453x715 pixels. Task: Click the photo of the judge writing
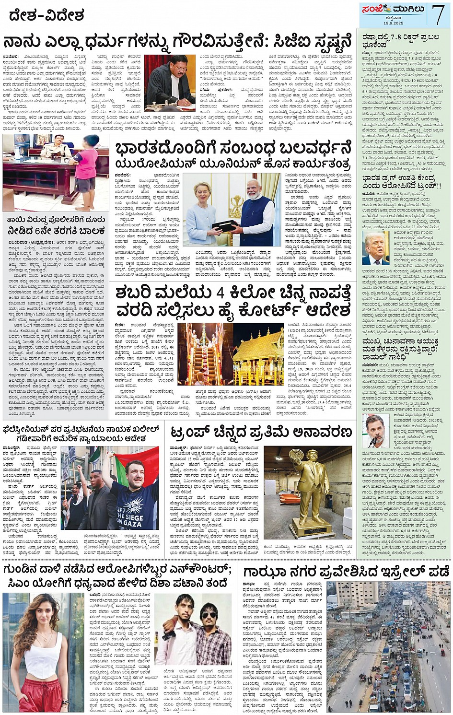point(170,82)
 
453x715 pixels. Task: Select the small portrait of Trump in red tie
point(376,248)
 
